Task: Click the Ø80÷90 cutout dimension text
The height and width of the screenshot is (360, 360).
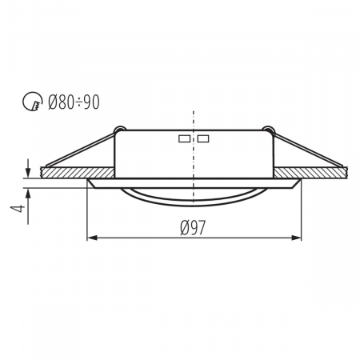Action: click(74, 102)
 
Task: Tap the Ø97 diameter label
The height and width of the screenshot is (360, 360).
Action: click(194, 227)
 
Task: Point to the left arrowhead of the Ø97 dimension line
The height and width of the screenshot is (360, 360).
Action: click(90, 238)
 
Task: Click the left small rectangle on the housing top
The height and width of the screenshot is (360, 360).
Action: click(185, 138)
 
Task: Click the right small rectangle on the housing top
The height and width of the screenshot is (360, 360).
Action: click(203, 138)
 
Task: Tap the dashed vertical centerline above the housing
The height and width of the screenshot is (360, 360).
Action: click(193, 116)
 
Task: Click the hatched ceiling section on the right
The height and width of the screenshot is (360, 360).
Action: click(316, 173)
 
